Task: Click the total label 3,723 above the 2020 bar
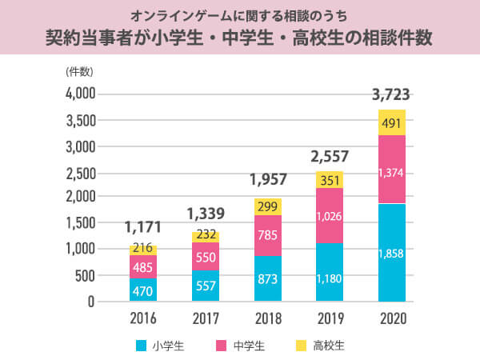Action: tap(391, 96)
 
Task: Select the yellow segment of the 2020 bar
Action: tap(391, 123)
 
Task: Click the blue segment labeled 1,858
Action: tap(391, 253)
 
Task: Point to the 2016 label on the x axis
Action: tap(143, 318)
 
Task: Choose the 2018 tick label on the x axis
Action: tap(267, 318)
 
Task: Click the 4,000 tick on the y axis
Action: tap(79, 94)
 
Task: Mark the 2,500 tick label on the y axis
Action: tap(79, 173)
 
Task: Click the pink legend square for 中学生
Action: tap(222, 346)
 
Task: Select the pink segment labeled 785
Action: tap(267, 235)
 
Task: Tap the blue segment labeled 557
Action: tap(206, 286)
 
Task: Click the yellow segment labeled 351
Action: tap(329, 180)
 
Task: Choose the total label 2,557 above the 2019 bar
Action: tap(329, 158)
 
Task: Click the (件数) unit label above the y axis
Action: tap(80, 72)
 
